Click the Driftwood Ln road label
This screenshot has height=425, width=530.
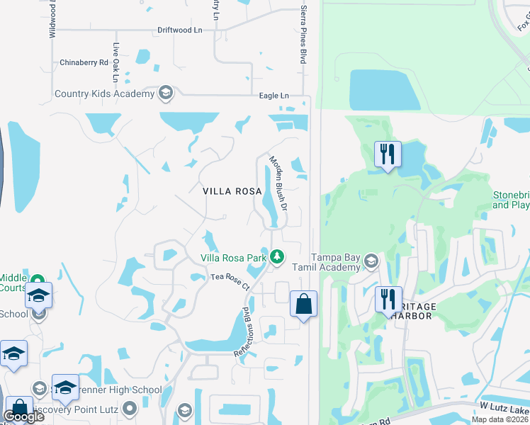coord(179,30)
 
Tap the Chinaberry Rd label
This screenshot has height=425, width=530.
coord(84,62)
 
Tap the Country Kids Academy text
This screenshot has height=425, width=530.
coord(104,93)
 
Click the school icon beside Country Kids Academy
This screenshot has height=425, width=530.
coord(166,93)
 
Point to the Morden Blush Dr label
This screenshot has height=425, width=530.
coord(276,183)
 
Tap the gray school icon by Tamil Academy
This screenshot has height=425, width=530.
coord(370,263)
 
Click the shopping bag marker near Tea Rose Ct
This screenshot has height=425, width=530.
coord(303,305)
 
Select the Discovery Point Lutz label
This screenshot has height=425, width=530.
coord(79,409)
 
